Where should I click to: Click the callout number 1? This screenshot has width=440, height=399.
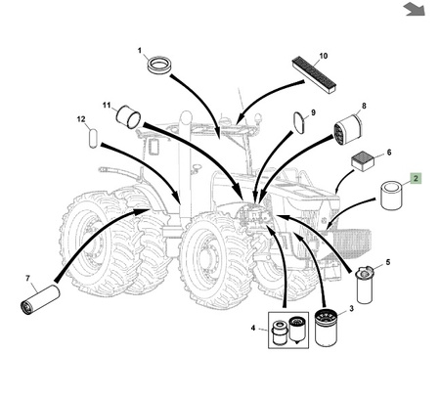(x=140, y=51)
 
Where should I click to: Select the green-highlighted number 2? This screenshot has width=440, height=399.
(x=416, y=178)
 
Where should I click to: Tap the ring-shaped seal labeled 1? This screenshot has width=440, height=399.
(x=159, y=65)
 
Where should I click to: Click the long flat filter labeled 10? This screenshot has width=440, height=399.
(x=314, y=75)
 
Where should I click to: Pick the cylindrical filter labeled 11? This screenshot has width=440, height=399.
(x=128, y=116)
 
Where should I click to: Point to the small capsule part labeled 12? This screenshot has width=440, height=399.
(x=93, y=138)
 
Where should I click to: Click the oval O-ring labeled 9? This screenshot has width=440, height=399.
(x=300, y=122)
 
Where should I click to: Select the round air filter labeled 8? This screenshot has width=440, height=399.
(x=348, y=130)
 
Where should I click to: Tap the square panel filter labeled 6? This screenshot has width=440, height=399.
(x=363, y=161)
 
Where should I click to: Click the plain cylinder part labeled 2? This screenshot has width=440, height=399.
(x=391, y=196)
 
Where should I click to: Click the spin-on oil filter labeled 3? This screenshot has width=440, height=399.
(x=327, y=328)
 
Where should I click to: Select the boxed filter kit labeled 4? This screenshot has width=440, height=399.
(x=288, y=330)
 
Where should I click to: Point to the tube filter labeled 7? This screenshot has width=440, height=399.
(x=40, y=299)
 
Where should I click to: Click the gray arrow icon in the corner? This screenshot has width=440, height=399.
(x=415, y=9)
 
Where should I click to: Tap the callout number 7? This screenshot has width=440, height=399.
(x=27, y=278)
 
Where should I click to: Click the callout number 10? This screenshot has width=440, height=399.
(x=323, y=56)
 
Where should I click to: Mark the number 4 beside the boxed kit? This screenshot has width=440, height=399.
(x=253, y=328)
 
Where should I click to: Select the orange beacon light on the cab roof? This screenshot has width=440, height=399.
(x=259, y=116)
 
